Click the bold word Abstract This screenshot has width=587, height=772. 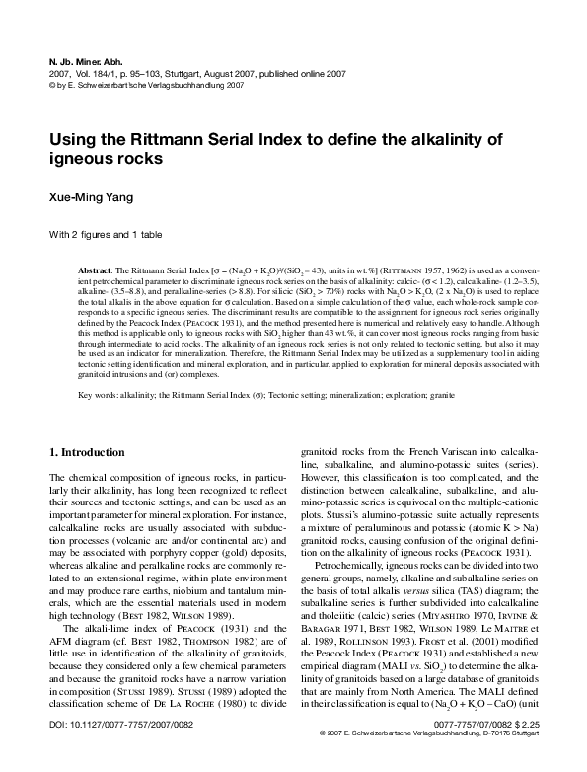(96, 270)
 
